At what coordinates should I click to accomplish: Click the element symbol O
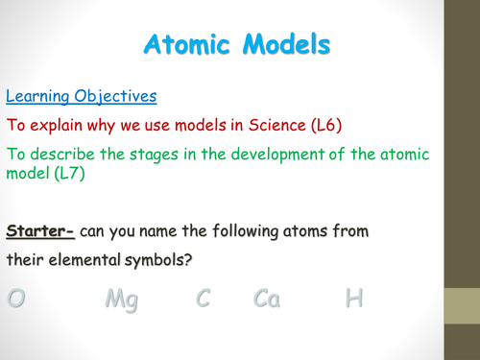coord(16,299)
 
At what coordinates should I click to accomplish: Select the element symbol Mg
coord(121,300)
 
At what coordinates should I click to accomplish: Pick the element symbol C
coord(203,299)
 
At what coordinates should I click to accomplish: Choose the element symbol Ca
coord(267,299)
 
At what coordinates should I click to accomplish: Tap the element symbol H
coord(355,299)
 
